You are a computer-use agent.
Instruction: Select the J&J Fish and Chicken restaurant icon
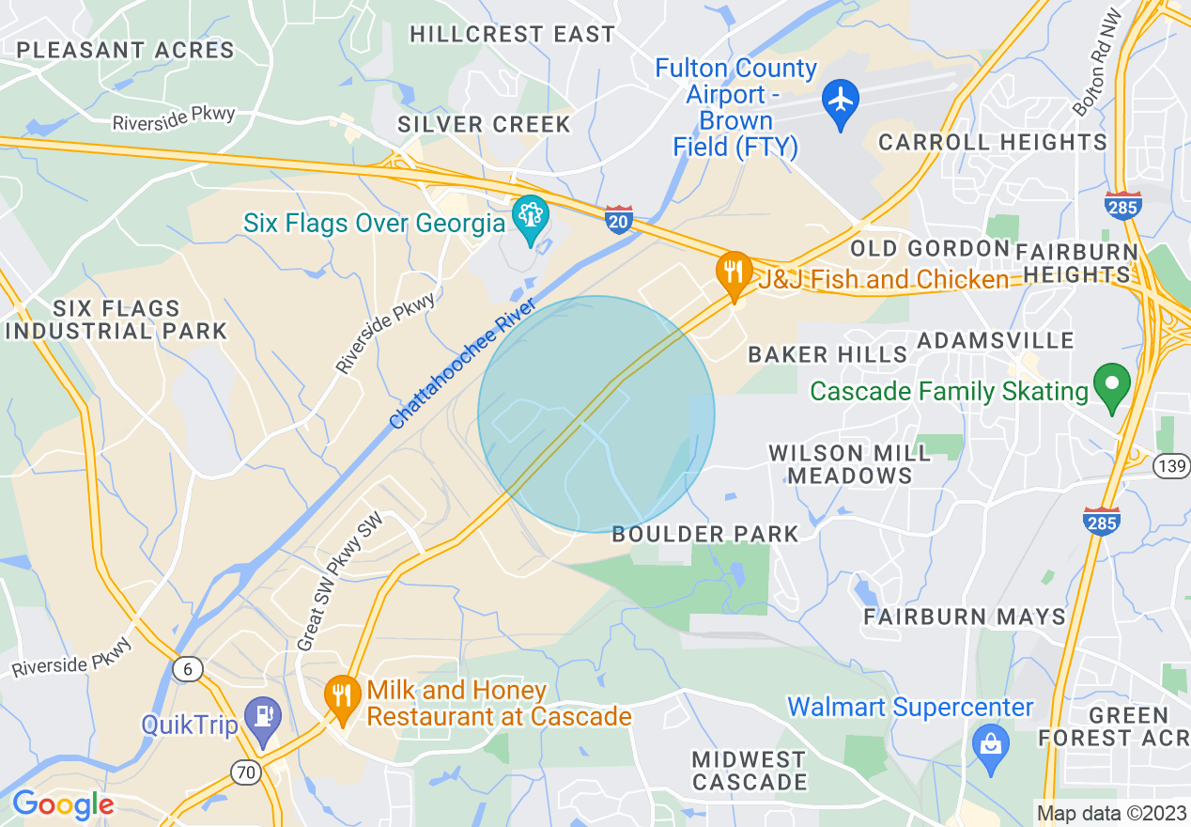click(734, 273)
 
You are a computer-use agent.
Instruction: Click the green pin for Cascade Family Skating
click(1113, 386)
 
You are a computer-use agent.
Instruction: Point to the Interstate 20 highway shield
click(618, 218)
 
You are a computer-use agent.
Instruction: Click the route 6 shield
click(188, 669)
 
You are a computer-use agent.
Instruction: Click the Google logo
click(62, 804)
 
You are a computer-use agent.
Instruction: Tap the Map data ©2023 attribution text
click(1110, 813)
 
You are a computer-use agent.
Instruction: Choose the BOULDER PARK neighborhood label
click(704, 534)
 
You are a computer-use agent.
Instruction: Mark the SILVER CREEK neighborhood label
click(484, 124)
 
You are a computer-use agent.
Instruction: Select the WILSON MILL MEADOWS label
click(849, 464)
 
